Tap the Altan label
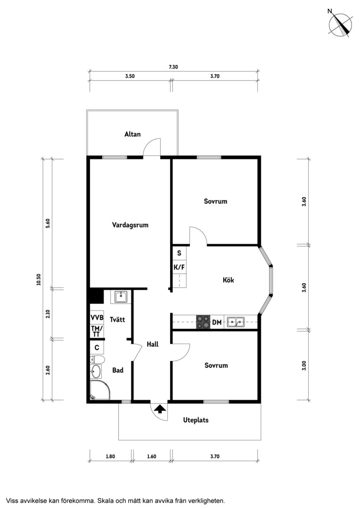click(x=132, y=134)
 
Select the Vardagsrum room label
click(x=130, y=225)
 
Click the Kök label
click(x=228, y=279)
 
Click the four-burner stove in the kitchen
click(x=203, y=322)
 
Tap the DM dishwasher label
click(x=217, y=322)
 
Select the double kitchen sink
click(x=236, y=322)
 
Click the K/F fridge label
click(x=179, y=268)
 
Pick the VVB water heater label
click(x=97, y=317)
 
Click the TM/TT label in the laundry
click(x=97, y=331)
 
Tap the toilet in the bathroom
click(x=97, y=359)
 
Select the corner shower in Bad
click(x=100, y=390)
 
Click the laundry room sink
click(x=121, y=296)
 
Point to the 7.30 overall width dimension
click(x=173, y=67)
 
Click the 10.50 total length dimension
click(x=39, y=279)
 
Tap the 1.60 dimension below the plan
click(x=152, y=456)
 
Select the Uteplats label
click(x=196, y=420)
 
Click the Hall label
click(x=153, y=344)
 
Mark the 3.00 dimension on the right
click(x=304, y=366)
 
